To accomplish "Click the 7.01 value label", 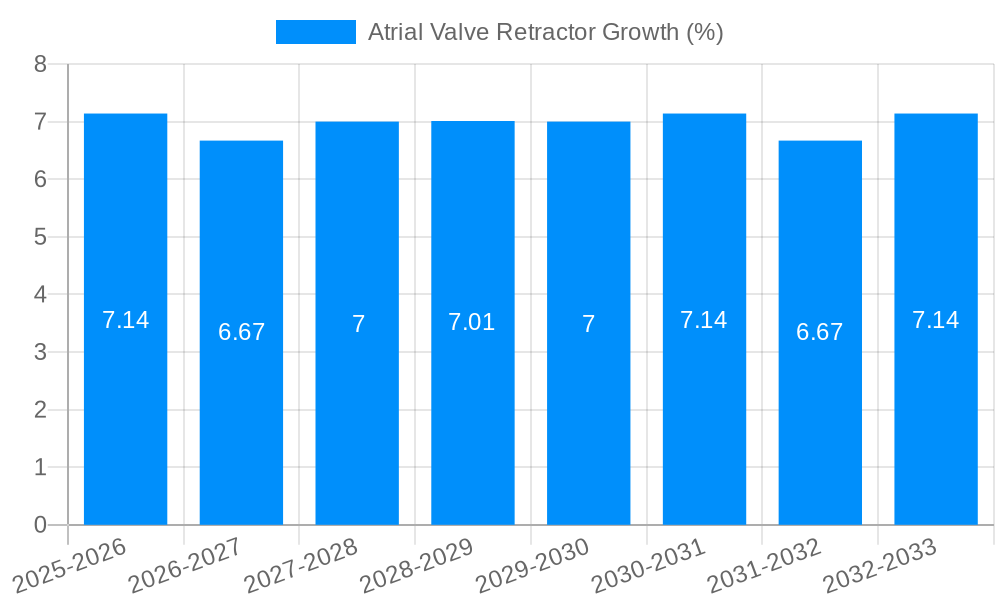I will point(472,322).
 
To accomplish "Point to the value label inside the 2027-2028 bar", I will point(358,324).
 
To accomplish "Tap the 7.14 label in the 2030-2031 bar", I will point(704,320).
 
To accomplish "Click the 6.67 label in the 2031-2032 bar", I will point(820,332).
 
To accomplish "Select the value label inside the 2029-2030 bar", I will point(589,324).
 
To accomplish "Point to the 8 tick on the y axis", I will point(40,64).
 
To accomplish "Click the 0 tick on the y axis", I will point(40,525).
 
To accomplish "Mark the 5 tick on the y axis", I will point(40,237).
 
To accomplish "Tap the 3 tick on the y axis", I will point(40,352).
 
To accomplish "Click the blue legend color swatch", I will point(315,32).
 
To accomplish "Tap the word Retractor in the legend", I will point(549,32).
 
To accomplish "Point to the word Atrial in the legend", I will point(396,32).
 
